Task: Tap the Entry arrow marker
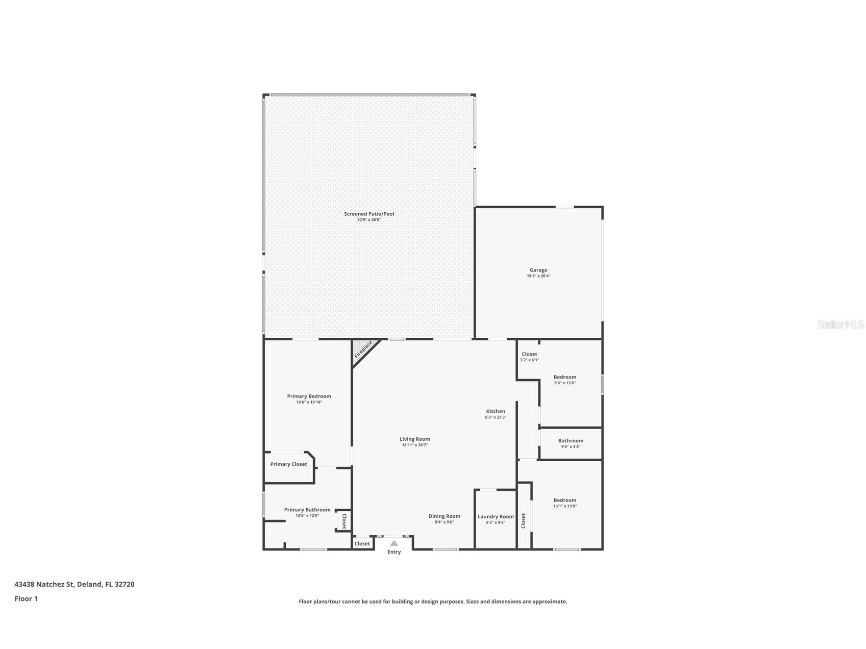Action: pos(394,543)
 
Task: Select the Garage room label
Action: pos(538,270)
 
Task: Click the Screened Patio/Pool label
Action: pos(369,214)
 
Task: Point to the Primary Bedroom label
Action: pos(309,396)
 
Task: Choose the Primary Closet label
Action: pos(289,464)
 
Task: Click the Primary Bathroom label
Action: pos(307,510)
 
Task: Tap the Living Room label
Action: pos(414,439)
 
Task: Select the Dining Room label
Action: pos(444,516)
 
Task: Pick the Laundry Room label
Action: pos(496,517)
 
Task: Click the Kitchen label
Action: pos(496,412)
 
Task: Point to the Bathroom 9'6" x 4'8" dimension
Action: pos(571,447)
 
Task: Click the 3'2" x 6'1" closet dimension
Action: pos(529,360)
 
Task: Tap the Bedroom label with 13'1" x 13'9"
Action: pos(565,501)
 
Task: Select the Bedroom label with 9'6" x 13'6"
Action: pos(565,378)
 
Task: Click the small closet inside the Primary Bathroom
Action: pos(343,521)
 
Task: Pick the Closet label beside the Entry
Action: pos(362,544)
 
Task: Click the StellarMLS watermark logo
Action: pos(840,324)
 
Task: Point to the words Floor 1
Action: pos(26,599)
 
